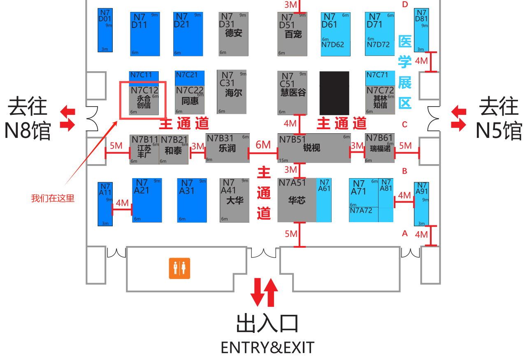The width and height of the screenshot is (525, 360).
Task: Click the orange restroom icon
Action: (x=179, y=268)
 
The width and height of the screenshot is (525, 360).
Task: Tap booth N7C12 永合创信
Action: (x=144, y=100)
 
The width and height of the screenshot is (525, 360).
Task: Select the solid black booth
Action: (x=334, y=93)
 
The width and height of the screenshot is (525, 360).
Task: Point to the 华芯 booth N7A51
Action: (x=297, y=200)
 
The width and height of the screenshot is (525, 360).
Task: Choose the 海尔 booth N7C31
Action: (x=232, y=92)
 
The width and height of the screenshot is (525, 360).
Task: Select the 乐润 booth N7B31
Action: (x=228, y=148)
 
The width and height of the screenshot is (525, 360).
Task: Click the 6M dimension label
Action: (x=263, y=145)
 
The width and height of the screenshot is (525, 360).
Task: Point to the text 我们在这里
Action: (x=53, y=198)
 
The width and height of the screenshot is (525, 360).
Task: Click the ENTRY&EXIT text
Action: (x=267, y=348)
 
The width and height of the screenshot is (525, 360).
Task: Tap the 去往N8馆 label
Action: (x=28, y=118)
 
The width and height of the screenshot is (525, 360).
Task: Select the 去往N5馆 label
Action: (x=499, y=118)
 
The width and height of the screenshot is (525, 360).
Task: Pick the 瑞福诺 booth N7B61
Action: (x=380, y=148)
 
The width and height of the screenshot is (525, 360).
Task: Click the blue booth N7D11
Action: (x=145, y=34)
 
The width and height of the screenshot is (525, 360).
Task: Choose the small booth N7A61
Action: (x=324, y=200)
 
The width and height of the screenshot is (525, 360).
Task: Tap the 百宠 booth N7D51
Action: (x=293, y=34)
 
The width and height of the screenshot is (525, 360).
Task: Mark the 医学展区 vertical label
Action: (x=405, y=72)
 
